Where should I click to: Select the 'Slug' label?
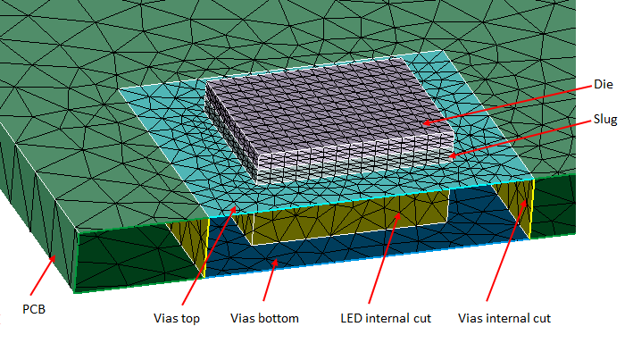pos(605,120)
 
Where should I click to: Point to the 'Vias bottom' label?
pos(264,317)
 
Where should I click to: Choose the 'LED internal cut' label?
pos(386,317)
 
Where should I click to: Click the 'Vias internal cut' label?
pos(504,317)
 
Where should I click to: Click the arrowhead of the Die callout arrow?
pos(424,123)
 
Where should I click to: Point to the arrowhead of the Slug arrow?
pos(450,157)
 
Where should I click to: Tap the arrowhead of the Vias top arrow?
pos(237,207)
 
